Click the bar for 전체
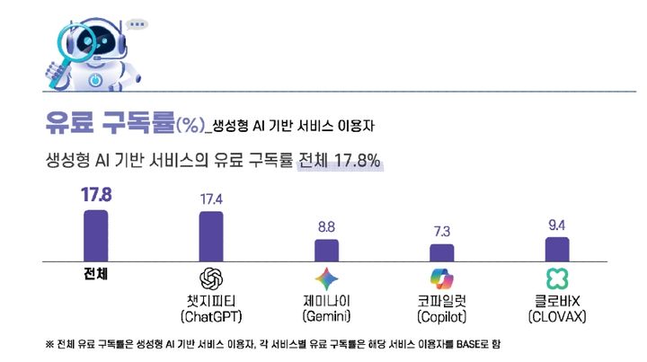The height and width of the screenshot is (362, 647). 95,234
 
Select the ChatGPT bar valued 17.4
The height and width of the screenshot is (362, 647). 211,235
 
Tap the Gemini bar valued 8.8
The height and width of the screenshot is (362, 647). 326,249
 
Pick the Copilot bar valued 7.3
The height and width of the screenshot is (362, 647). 442,252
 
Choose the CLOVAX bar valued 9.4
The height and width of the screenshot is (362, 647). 557,248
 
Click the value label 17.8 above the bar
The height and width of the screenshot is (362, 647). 96,195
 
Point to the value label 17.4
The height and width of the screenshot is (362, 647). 211,197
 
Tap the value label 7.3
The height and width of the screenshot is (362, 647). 442,230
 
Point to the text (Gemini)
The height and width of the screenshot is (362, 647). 326,316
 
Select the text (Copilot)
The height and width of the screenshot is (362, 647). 442,316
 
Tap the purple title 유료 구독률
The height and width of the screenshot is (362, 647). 108,121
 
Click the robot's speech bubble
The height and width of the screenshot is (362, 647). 137,24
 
